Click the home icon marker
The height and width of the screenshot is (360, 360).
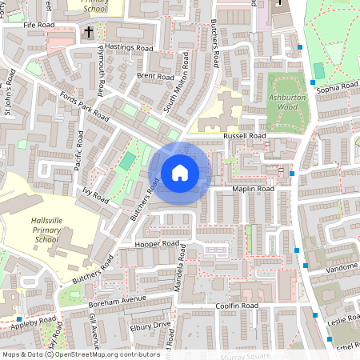click(180, 173)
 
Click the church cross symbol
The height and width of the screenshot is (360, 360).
click(88, 33)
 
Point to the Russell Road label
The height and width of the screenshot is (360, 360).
click(245, 136)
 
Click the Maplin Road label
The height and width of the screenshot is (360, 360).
click(253, 189)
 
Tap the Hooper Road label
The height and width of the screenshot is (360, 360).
click(157, 242)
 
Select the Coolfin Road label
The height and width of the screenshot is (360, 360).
click(236, 306)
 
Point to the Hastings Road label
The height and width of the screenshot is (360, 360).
click(130, 48)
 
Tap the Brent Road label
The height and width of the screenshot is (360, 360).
click(154, 76)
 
